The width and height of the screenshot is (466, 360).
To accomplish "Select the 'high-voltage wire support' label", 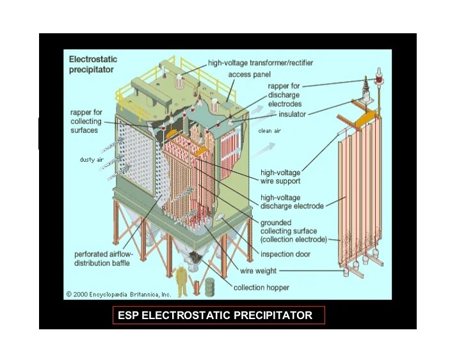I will point(280,176).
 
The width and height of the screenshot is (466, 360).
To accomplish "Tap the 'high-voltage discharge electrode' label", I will point(291,202).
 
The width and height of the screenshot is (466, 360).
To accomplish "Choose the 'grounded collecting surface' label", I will point(293,231).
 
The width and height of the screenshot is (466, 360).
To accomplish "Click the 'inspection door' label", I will point(286,254).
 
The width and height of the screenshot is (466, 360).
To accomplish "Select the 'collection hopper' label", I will point(261,288).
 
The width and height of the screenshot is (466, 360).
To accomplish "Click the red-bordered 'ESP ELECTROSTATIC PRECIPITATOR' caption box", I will point(219,315).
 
